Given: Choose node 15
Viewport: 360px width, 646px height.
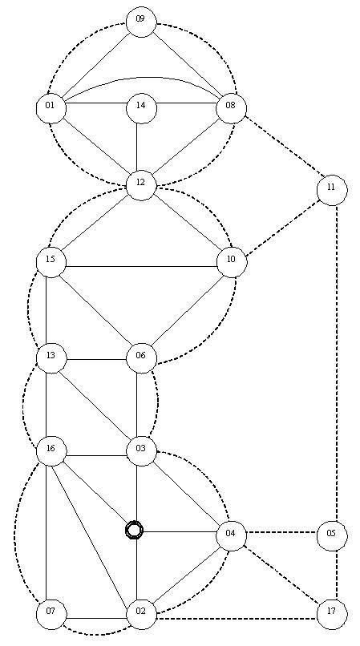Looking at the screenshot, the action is coord(51,261).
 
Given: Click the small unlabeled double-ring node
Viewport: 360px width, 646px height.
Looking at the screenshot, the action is coord(135,530).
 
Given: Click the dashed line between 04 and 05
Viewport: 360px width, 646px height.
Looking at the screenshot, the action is coord(282,532).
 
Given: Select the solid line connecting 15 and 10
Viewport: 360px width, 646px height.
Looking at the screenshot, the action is coord(141,266).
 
